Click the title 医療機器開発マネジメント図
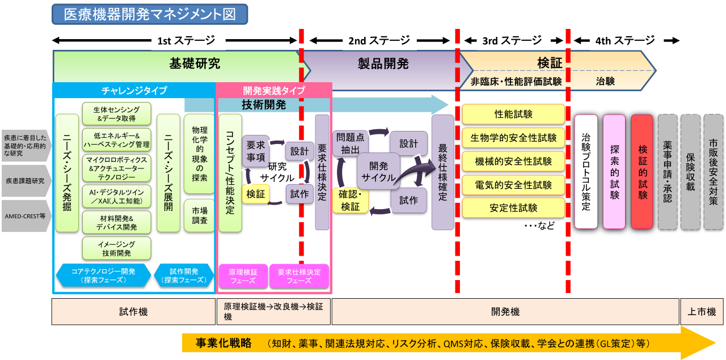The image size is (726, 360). tap(150, 14)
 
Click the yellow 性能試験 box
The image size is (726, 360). tap(513, 114)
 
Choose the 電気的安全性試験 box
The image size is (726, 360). tap(513, 185)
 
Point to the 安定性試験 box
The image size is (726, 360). tap(513, 208)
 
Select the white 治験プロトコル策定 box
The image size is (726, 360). tap(586, 171)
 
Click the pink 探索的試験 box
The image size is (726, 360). tap(614, 171)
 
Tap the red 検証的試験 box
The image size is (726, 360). tap(642, 171)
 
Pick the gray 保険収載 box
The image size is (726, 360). tap(690, 171)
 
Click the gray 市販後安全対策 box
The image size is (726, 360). tap(713, 171)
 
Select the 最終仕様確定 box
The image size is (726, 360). tap(443, 172)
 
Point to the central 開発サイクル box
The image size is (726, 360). tap(378, 171)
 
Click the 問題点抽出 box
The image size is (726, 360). tap(350, 143)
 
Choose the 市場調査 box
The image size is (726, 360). tap(199, 215)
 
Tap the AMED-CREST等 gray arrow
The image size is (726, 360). tap(26, 215)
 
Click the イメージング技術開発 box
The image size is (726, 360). tap(116, 248)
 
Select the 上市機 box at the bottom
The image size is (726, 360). tap(702, 312)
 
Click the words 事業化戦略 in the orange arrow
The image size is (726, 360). tap(223, 343)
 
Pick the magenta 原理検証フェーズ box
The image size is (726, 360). tap(243, 276)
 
